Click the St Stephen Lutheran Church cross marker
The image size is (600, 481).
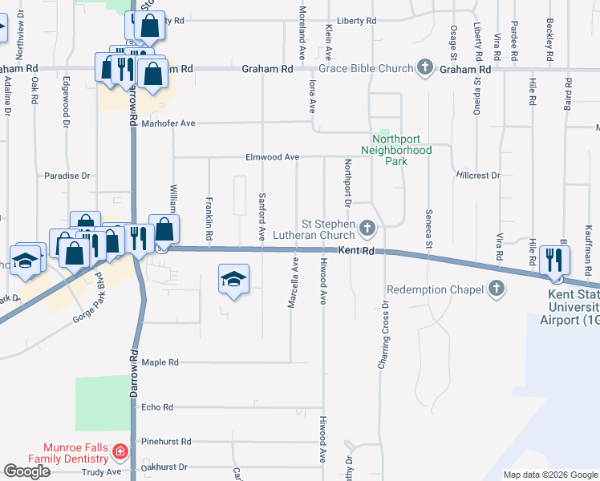pyautogui.click(x=367, y=229)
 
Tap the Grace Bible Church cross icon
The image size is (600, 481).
pyautogui.click(x=425, y=69)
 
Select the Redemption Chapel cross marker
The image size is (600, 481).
pyautogui.click(x=497, y=289)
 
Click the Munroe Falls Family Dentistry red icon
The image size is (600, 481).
pyautogui.click(x=120, y=452)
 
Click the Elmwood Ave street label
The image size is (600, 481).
pyautogui.click(x=272, y=157)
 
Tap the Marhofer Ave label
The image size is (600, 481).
pyautogui.click(x=168, y=123)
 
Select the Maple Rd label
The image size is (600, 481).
pyautogui.click(x=160, y=362)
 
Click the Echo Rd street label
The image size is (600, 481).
pyautogui.click(x=157, y=407)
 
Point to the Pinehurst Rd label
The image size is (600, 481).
pyautogui.click(x=166, y=441)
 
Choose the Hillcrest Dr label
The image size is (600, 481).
pyautogui.click(x=477, y=174)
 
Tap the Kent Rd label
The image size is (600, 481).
pyautogui.click(x=356, y=251)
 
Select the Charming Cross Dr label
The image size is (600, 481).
pyautogui.click(x=383, y=336)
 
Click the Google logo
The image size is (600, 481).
pyautogui.click(x=26, y=471)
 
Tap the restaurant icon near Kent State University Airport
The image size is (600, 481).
pyautogui.click(x=555, y=260)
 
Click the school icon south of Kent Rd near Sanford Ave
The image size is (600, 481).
pyautogui.click(x=233, y=280)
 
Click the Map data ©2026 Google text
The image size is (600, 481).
pyautogui.click(x=550, y=475)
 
